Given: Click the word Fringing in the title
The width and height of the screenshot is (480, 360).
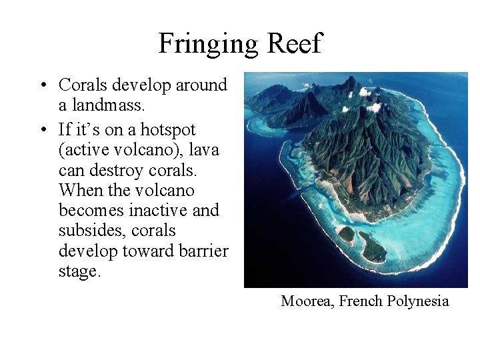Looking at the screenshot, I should [208, 45].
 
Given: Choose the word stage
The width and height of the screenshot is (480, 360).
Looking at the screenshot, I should [80, 272].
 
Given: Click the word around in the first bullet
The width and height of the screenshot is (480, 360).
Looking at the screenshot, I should [201, 86].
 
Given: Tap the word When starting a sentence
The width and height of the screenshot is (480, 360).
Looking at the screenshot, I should [83, 190].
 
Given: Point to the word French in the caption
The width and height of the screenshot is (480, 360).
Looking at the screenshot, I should [360, 301].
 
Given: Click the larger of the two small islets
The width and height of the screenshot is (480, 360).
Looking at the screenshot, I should [372, 247].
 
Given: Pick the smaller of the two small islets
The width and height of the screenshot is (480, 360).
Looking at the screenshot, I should [346, 235].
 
